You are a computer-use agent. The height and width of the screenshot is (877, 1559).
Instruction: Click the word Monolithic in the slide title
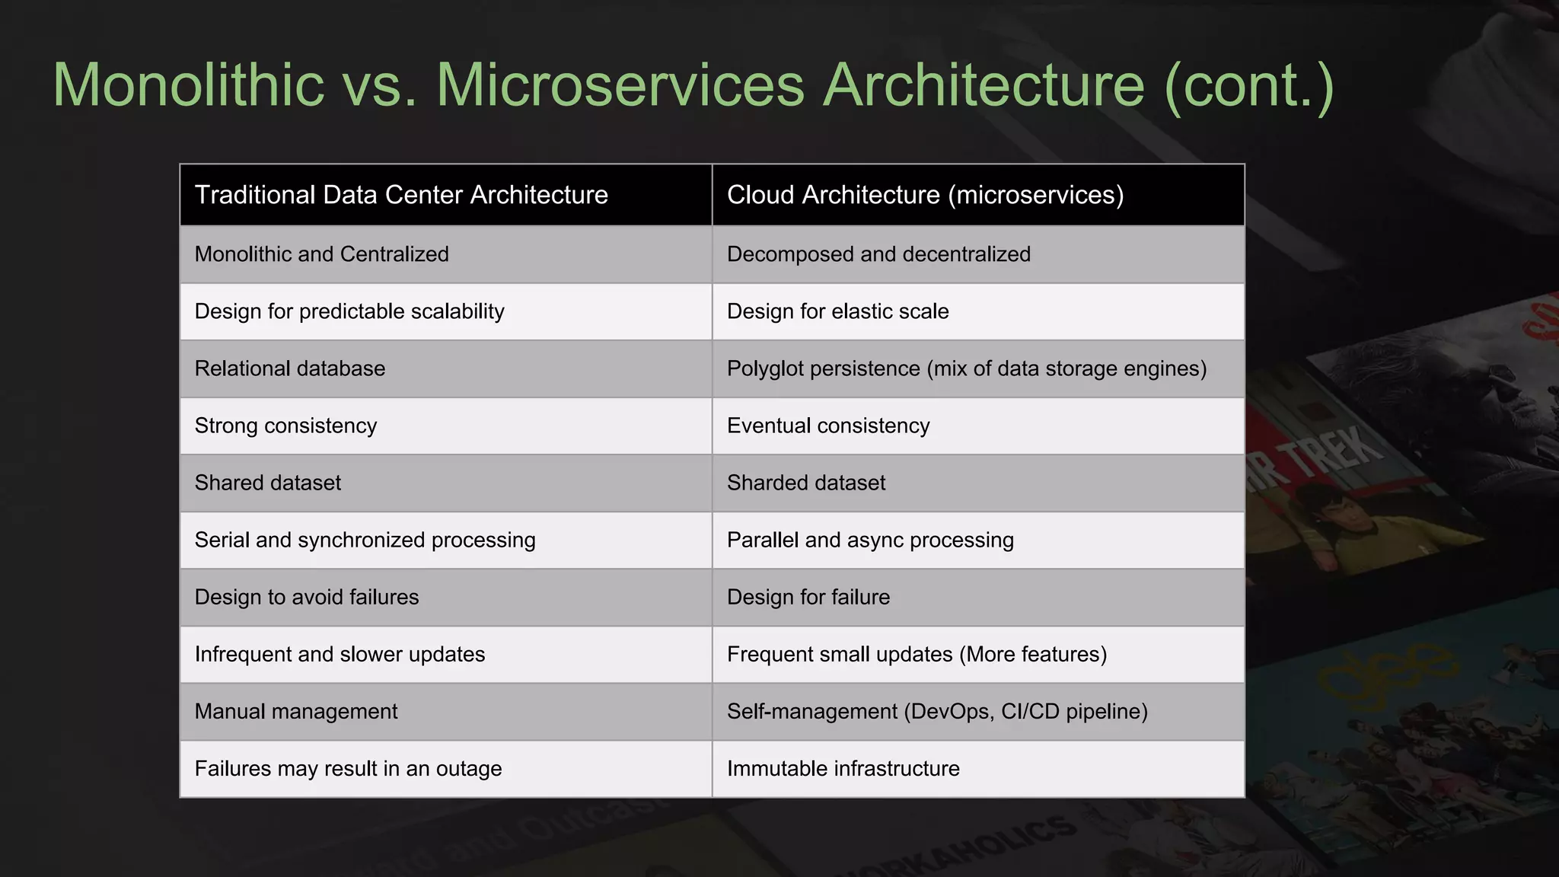(189, 85)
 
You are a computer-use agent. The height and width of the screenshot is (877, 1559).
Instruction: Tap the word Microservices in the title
(620, 85)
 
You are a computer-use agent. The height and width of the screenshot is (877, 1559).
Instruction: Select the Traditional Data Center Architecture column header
(401, 195)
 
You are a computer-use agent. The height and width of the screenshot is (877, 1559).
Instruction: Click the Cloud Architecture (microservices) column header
(925, 195)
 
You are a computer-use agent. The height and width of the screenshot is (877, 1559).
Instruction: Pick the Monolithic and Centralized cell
(321, 254)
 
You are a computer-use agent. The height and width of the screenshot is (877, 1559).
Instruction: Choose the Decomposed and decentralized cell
(878, 254)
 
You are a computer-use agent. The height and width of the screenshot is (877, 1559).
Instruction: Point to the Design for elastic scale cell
(837, 311)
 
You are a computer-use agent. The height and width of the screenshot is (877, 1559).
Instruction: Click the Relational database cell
(289, 368)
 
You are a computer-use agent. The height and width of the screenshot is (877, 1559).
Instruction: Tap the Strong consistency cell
(285, 426)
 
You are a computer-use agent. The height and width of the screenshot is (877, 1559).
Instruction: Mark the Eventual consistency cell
(828, 426)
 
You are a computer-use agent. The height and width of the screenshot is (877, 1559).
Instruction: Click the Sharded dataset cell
(805, 483)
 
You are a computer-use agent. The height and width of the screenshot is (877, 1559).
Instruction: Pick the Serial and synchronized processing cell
(365, 540)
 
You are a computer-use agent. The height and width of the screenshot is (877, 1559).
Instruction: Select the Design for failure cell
(808, 597)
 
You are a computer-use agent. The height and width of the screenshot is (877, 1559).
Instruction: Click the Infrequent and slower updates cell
(340, 654)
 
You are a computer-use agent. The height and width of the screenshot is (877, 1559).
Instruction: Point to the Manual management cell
(295, 711)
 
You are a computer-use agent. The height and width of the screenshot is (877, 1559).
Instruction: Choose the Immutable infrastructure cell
(843, 768)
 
